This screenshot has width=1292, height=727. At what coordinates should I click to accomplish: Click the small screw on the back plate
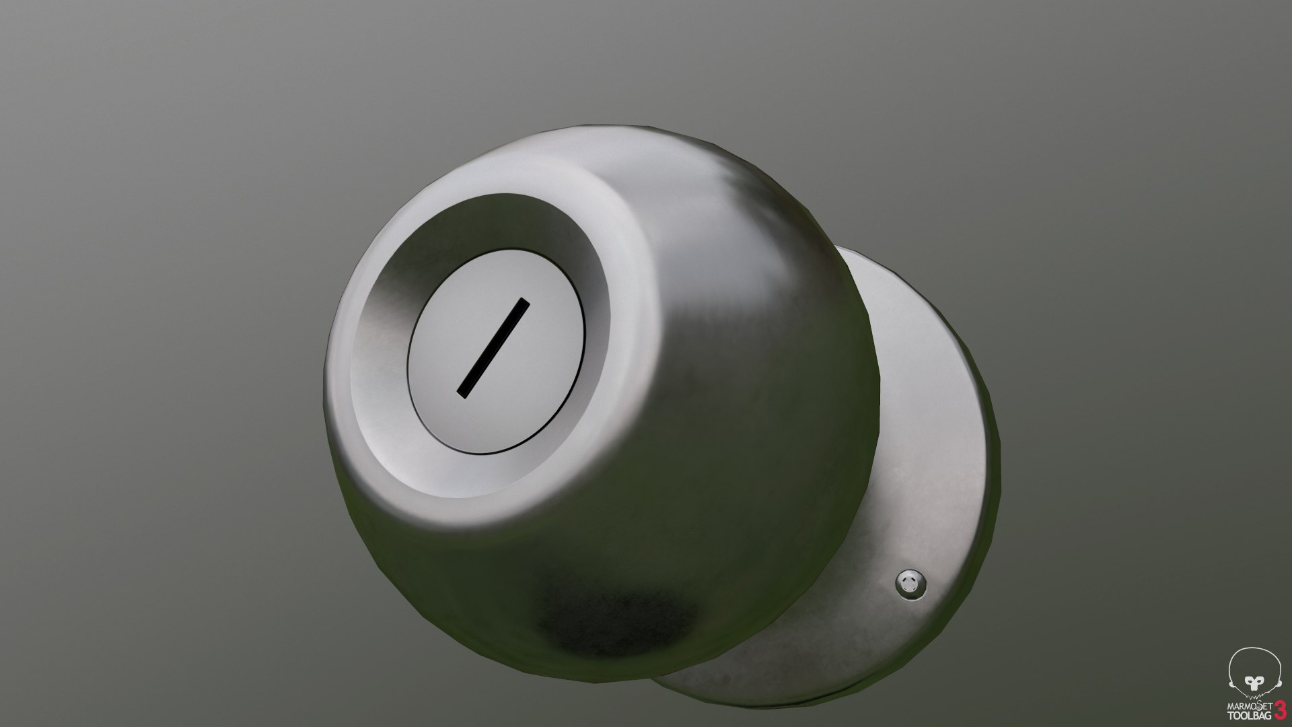(910, 583)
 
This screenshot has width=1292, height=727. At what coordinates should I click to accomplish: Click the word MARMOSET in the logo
(1249, 705)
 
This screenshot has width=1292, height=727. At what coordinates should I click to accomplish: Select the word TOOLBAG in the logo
(1249, 716)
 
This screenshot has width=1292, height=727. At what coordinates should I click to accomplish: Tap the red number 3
(1281, 710)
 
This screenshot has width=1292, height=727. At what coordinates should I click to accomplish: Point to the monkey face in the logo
(1254, 683)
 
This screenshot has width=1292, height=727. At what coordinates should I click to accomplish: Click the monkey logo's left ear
(1231, 684)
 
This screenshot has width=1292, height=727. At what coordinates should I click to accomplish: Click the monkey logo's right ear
(1279, 683)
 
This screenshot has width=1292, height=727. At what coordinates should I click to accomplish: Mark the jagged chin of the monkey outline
(1254, 697)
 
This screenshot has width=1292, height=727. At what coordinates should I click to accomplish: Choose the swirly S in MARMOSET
(1260, 705)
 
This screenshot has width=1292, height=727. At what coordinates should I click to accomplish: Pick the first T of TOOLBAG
(1231, 716)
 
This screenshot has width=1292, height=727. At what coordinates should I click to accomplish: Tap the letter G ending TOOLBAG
(1268, 716)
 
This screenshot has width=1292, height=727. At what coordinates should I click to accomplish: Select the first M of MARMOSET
(1231, 707)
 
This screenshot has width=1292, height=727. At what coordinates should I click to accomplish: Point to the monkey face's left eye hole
(1250, 681)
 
